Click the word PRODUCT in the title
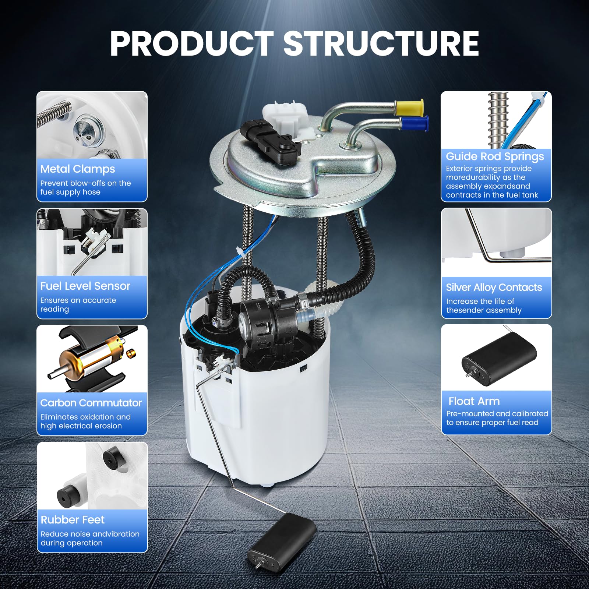tap(192, 43)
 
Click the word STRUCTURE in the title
tap(381, 43)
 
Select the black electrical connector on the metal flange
tap(271, 141)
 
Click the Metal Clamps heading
tap(78, 169)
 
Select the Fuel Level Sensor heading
tap(85, 286)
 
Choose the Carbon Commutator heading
tap(91, 403)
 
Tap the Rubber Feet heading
tap(73, 520)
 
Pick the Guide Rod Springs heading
tap(495, 156)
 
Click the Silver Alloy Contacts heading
tap(494, 287)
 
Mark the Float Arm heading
tap(474, 401)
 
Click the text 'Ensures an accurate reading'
tap(78, 305)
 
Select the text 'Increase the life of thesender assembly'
tap(484, 306)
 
